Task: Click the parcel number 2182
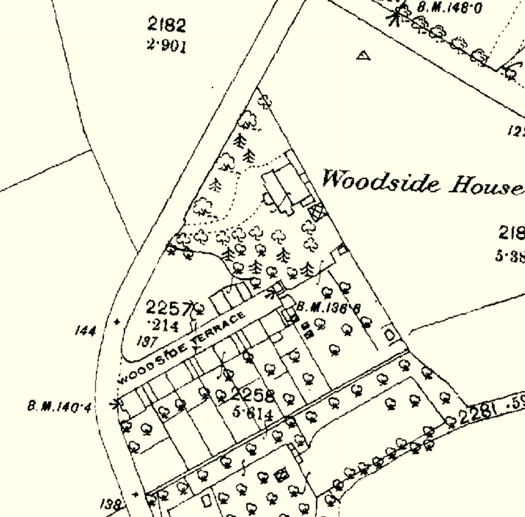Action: pyautogui.click(x=166, y=26)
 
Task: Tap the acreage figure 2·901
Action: pyautogui.click(x=166, y=46)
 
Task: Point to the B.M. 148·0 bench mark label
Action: pyautogui.click(x=449, y=8)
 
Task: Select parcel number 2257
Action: pyautogui.click(x=169, y=307)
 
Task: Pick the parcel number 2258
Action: pyautogui.click(x=252, y=395)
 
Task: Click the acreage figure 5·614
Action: pyautogui.click(x=253, y=413)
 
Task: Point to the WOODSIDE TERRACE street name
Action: pyautogui.click(x=180, y=348)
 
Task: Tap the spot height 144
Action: pyautogui.click(x=86, y=331)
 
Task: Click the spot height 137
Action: pyautogui.click(x=147, y=341)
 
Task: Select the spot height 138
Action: pyautogui.click(x=110, y=505)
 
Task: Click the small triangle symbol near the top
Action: pyautogui.click(x=362, y=55)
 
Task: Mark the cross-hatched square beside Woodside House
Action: pyautogui.click(x=317, y=212)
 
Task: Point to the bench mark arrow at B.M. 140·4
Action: pyautogui.click(x=115, y=403)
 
